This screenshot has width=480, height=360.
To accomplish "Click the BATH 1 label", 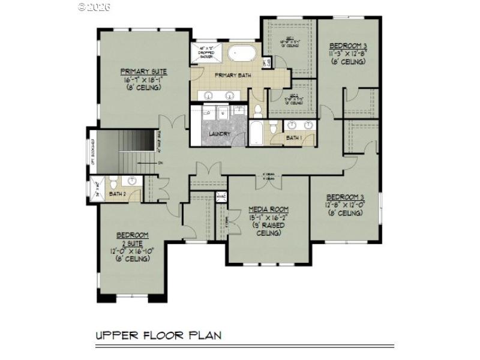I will click(x=294, y=138).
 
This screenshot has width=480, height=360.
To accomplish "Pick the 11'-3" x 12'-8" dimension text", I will click(x=347, y=53).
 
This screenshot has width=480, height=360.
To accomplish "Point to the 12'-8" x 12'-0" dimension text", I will click(x=345, y=205).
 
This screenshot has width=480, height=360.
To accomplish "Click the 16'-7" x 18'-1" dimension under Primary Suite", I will click(x=144, y=79).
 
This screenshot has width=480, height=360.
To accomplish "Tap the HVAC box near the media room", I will click(x=221, y=196).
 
